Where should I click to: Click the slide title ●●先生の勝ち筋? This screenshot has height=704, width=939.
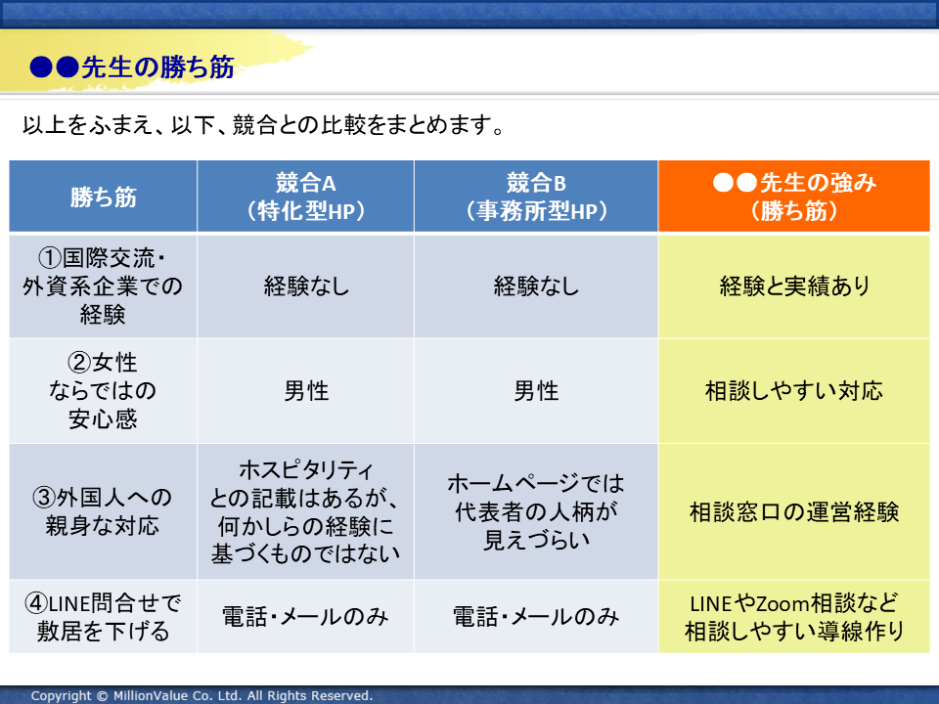click(132, 67)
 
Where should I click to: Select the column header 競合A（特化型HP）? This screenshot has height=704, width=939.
click(305, 197)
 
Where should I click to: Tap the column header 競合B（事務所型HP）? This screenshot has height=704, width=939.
click(536, 197)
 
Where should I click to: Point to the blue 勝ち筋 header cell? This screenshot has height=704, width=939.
click(103, 197)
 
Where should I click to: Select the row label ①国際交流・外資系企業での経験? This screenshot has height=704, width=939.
click(103, 286)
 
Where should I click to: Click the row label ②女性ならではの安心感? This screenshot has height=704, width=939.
click(103, 391)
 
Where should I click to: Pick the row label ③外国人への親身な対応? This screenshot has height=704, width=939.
click(103, 511)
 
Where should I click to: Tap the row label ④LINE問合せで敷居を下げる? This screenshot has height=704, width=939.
click(103, 617)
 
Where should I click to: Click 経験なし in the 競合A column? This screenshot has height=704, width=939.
click(306, 286)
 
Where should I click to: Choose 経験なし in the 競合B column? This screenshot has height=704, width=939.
click(536, 286)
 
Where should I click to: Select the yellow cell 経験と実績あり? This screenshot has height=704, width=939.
click(794, 286)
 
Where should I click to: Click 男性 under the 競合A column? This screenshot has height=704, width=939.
click(306, 391)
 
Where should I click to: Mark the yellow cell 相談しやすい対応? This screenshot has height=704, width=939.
click(794, 391)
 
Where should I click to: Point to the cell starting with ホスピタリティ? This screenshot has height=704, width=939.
click(305, 511)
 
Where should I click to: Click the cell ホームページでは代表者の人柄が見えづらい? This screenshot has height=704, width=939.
click(536, 511)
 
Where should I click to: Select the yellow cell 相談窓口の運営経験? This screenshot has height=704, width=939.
click(794, 511)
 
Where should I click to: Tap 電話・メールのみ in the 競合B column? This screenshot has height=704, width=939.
click(536, 617)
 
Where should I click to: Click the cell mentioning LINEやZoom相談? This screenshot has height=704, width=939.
click(794, 617)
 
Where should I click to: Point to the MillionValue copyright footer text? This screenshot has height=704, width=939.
click(201, 695)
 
